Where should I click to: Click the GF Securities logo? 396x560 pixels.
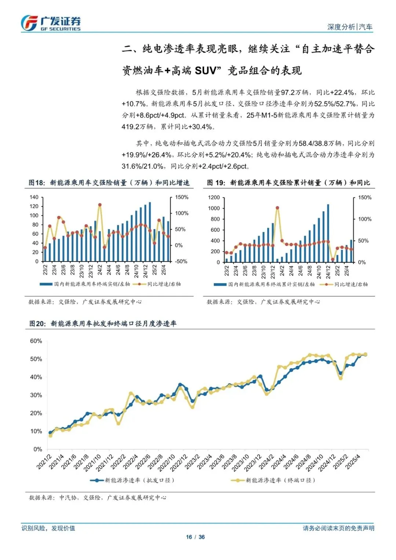coord(51,23)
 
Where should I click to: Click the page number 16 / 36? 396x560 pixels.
coord(195,537)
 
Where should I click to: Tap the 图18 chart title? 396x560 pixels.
coord(109,183)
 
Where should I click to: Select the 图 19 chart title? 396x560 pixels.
coord(288,183)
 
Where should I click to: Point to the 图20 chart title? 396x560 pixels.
coord(103,323)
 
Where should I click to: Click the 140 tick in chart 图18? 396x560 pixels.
coord(34,197)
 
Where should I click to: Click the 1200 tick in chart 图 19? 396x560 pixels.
coord(214,197)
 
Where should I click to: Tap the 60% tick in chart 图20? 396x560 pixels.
coord(36,341)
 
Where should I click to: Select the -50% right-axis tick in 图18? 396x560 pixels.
coord(181,261)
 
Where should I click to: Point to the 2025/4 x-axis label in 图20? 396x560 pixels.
coord(353,462)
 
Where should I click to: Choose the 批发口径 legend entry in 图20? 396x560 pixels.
coord(132,480)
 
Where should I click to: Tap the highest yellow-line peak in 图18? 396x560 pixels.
coord(100,205)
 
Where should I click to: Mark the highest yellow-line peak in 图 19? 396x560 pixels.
coord(278,208)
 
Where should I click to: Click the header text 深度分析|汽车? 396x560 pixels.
coord(349,27)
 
